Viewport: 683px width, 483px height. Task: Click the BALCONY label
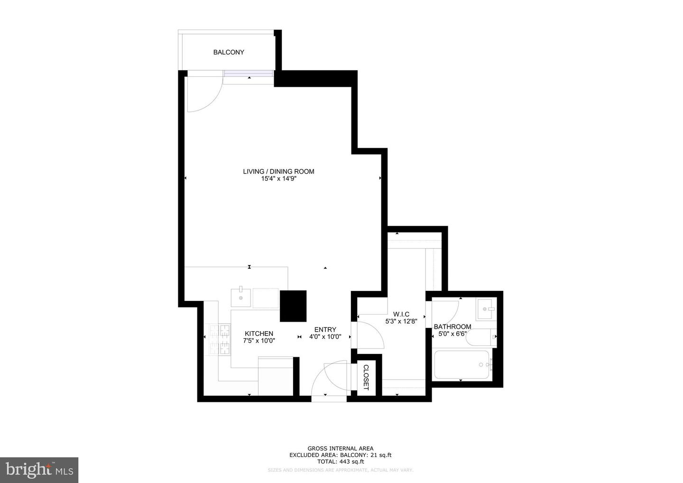229,52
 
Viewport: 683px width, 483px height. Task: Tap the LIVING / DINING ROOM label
278,171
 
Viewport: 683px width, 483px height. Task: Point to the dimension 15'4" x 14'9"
278,179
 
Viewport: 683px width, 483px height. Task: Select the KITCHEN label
258,334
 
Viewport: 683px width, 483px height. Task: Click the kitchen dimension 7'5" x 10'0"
259,341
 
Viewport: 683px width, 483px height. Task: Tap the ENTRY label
325,330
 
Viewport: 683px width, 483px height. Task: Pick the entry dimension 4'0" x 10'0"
325,337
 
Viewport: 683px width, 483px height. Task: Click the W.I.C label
401,314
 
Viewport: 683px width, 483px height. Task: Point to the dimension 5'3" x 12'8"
401,321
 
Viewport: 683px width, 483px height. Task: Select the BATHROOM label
452,326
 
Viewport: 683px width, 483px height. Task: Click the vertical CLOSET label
366,377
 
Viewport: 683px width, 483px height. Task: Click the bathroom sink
486,309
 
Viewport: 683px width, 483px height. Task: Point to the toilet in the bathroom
480,337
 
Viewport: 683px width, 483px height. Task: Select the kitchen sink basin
240,297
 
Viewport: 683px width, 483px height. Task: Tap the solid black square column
293,306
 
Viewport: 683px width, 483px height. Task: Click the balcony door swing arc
204,95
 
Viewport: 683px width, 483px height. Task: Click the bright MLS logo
39,470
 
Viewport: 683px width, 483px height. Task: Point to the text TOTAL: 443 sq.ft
340,461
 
